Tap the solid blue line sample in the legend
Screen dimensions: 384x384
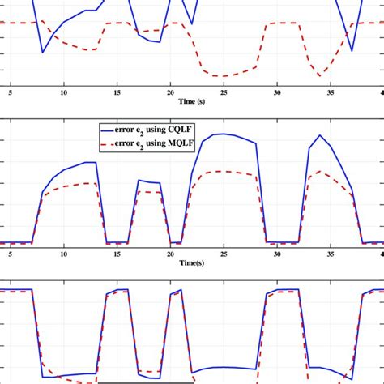pyautogui.click(x=109, y=129)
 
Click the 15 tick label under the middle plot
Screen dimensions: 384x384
pyautogui.click(x=117, y=254)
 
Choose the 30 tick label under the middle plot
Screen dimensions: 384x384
pyautogui.click(x=276, y=254)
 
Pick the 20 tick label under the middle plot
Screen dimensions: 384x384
pyautogui.click(x=170, y=254)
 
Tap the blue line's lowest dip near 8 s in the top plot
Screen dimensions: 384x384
pyautogui.click(x=43, y=53)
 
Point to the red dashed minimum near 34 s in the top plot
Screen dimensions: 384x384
pyautogui.click(x=321, y=76)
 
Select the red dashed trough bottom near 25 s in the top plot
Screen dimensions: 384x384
pyautogui.click(x=220, y=76)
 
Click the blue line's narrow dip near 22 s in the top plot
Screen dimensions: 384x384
pyautogui.click(x=191, y=23)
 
